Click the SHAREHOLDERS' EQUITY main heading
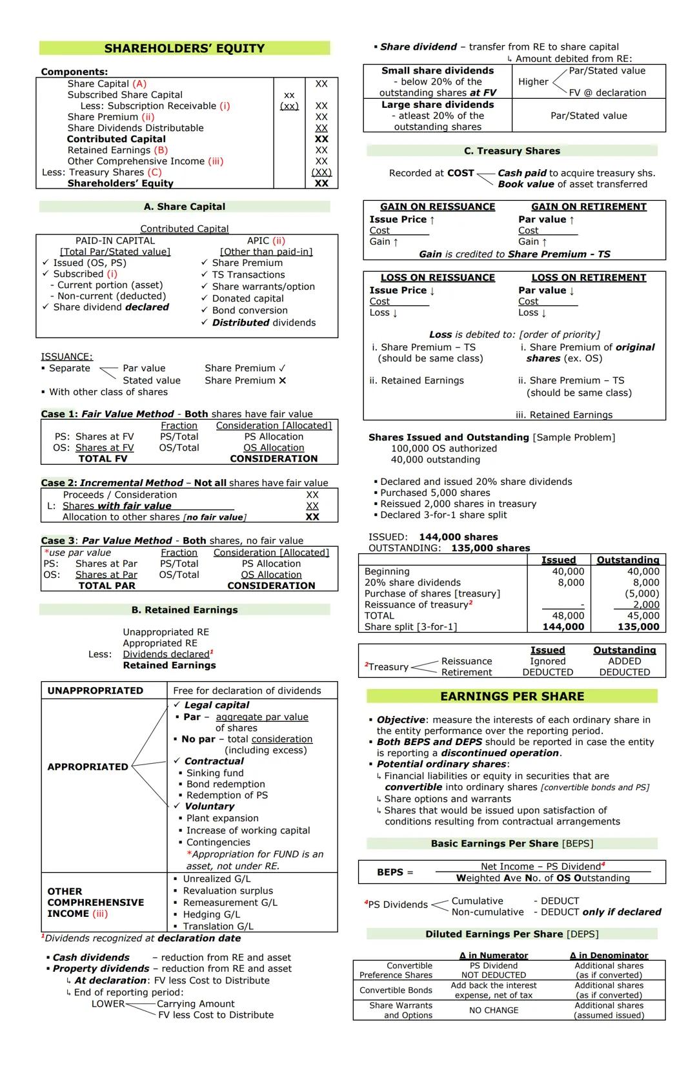pos(185,48)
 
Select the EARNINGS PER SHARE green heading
pos(512,696)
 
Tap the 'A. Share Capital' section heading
pos(185,207)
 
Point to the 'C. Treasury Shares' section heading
pos(512,150)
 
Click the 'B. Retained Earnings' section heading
pos(185,610)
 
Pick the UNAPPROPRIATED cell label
pos(96,690)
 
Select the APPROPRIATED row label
pos(88,766)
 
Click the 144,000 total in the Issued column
pos(563,626)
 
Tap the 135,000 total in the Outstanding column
pos(638,626)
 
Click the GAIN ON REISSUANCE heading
pos(438,207)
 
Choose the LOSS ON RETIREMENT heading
pos(589,278)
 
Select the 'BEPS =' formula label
pos(395,872)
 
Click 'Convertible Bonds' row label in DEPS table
pos(396,990)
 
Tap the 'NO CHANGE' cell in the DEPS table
pos(494,1010)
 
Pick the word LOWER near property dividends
pos(108,1003)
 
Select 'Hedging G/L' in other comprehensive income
pos(212,914)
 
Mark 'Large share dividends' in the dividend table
pos(438,105)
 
